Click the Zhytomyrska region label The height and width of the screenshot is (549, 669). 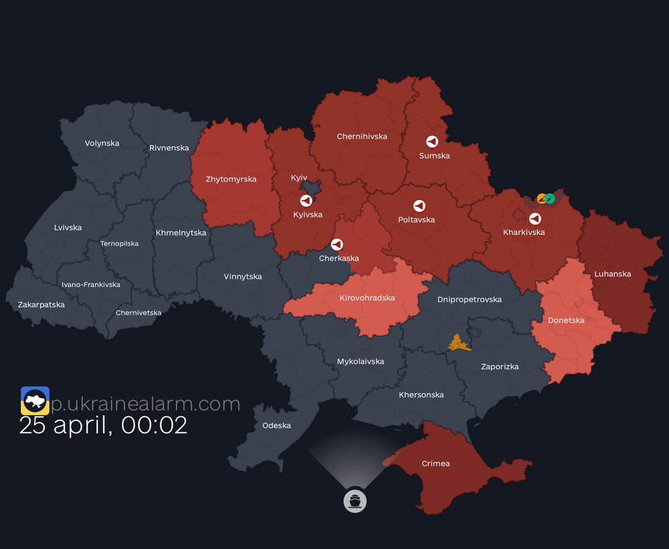(231, 179)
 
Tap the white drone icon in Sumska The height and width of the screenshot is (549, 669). (432, 142)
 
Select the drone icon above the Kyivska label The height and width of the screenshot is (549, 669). (306, 201)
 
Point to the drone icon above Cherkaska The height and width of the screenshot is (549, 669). (337, 244)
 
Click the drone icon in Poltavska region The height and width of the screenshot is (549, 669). (419, 206)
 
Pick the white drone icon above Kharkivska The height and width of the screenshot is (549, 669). (535, 218)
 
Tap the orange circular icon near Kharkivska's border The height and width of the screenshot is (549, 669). (541, 198)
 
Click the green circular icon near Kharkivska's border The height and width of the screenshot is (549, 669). (550, 198)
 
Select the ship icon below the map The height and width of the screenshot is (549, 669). (355, 501)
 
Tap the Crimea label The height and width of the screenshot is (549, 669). (435, 463)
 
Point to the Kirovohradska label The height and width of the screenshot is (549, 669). (367, 298)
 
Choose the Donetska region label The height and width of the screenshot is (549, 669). (566, 320)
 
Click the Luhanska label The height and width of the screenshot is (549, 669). (613, 274)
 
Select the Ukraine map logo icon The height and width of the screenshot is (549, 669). (35, 401)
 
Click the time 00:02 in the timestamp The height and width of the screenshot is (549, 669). (154, 425)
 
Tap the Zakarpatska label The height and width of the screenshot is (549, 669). (41, 304)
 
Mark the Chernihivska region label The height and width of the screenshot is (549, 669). (362, 136)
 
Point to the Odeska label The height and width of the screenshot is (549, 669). (277, 425)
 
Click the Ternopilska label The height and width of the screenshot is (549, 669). (119, 244)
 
